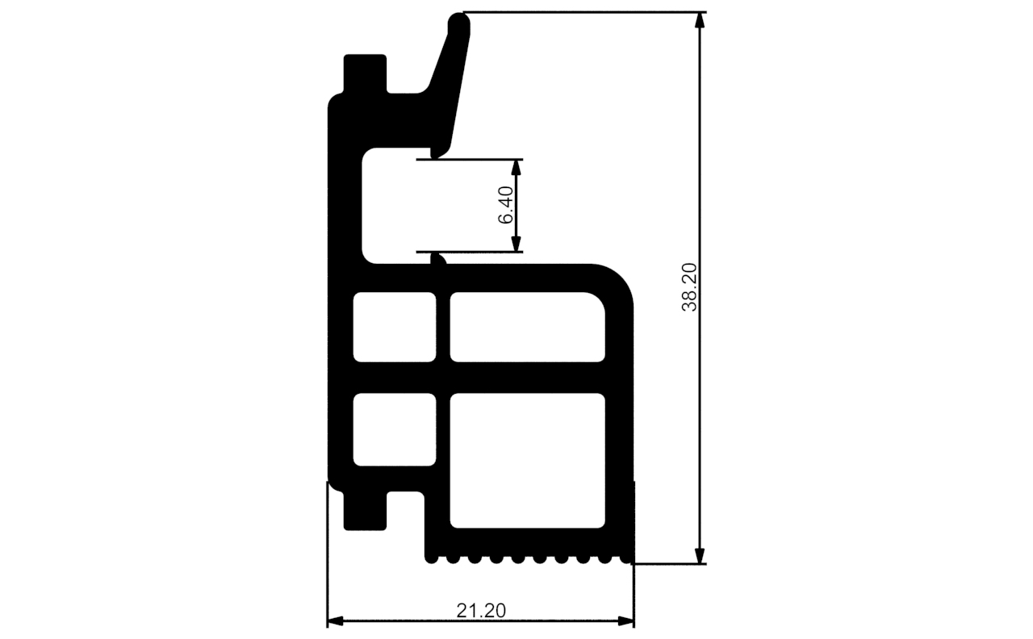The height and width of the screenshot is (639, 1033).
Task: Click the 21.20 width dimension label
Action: (481, 611)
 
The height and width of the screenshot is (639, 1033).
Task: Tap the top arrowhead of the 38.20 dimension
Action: (700, 20)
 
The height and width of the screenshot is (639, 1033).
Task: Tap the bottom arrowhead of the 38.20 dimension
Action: (700, 556)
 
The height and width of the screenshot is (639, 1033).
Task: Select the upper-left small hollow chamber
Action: (395, 327)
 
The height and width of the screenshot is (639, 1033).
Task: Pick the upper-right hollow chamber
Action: (526, 327)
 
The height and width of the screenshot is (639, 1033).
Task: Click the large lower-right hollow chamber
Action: (526, 460)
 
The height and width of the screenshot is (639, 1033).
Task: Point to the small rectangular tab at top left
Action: (365, 73)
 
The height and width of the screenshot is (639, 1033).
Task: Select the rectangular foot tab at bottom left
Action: (365, 510)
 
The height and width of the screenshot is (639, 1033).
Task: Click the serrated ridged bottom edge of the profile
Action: (529, 558)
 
